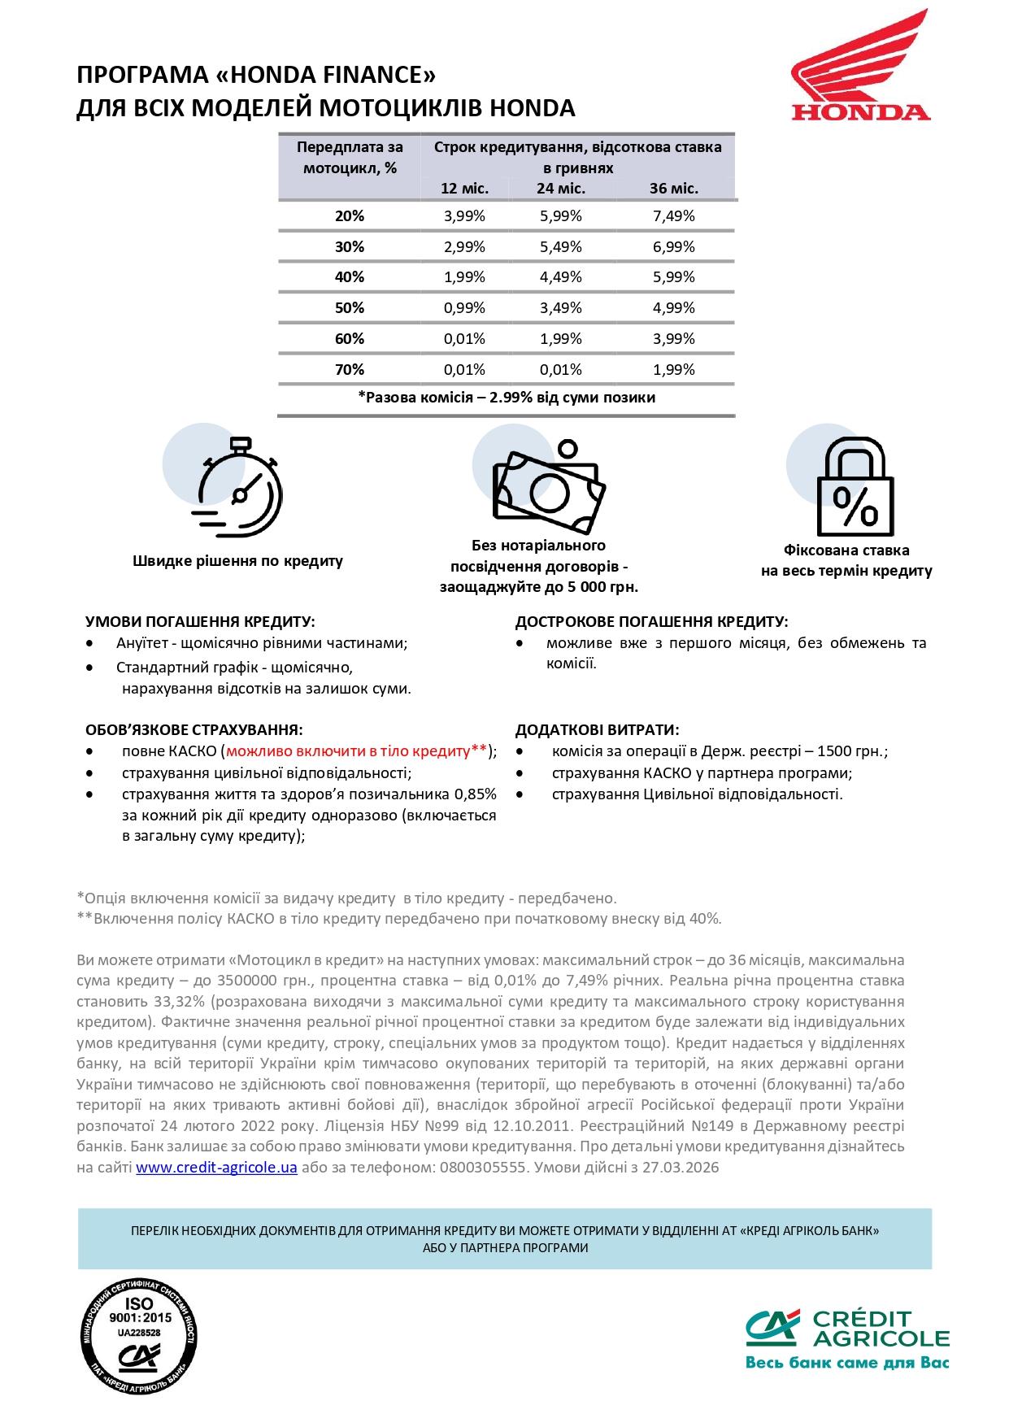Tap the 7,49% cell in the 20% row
click(x=673, y=216)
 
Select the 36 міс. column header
click(x=673, y=189)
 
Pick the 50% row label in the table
click(x=350, y=308)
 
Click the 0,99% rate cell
click(x=464, y=308)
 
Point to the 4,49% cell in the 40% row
click(x=561, y=277)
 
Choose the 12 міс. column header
click(x=464, y=189)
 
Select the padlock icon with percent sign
click(x=854, y=486)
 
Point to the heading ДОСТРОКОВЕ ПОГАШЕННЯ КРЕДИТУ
click(x=651, y=622)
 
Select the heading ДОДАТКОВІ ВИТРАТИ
click(x=598, y=730)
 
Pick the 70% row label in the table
click(x=350, y=370)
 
